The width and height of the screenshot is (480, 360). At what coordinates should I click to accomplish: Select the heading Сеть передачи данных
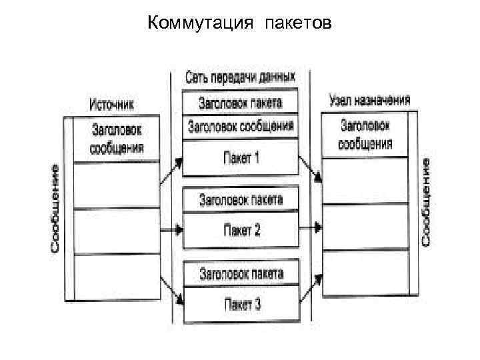240,77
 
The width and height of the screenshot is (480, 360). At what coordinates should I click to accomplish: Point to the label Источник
112,104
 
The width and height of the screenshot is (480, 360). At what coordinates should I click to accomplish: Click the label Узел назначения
369,101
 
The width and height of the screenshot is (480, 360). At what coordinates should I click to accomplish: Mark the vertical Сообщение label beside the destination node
426,200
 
